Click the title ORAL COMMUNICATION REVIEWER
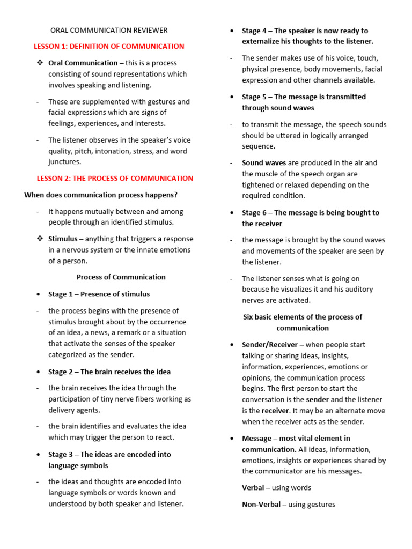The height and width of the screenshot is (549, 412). pyautogui.click(x=109, y=31)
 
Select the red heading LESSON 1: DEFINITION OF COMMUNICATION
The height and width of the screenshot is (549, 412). pyautogui.click(x=109, y=47)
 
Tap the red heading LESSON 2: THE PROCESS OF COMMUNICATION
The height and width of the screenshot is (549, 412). pyautogui.click(x=115, y=179)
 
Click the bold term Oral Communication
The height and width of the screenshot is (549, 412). pyautogui.click(x=83, y=63)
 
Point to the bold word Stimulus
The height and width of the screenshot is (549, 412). pyautogui.click(x=63, y=239)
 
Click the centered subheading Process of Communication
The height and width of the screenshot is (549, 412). pyautogui.click(x=121, y=277)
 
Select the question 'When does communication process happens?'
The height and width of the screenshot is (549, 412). pyautogui.click(x=101, y=195)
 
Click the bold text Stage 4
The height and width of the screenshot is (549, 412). pyautogui.click(x=254, y=31)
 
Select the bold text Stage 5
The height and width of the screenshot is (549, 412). pyautogui.click(x=254, y=97)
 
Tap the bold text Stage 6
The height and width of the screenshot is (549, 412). pyautogui.click(x=254, y=213)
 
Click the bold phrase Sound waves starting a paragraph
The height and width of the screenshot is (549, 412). pyautogui.click(x=264, y=163)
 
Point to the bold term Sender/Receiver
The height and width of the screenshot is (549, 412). pyautogui.click(x=269, y=345)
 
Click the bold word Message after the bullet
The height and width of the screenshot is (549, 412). pyautogui.click(x=256, y=439)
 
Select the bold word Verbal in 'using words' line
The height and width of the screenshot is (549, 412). pyautogui.click(x=253, y=488)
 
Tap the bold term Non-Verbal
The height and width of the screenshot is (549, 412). pyautogui.click(x=261, y=505)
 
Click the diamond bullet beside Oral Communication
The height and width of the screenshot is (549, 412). pyautogui.click(x=40, y=63)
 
